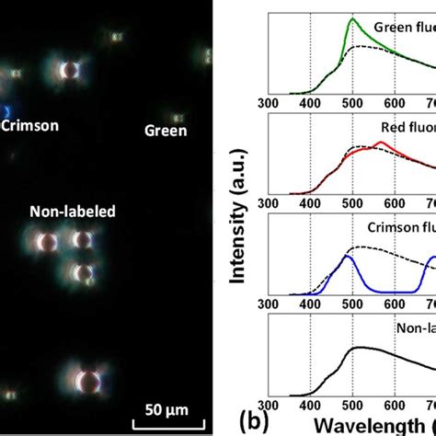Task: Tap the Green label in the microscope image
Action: click(x=166, y=131)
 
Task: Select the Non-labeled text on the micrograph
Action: click(x=73, y=212)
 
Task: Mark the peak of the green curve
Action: click(x=353, y=37)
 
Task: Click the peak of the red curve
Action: click(x=381, y=143)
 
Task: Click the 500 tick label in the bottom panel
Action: click(x=353, y=407)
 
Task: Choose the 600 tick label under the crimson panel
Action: click(x=395, y=303)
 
